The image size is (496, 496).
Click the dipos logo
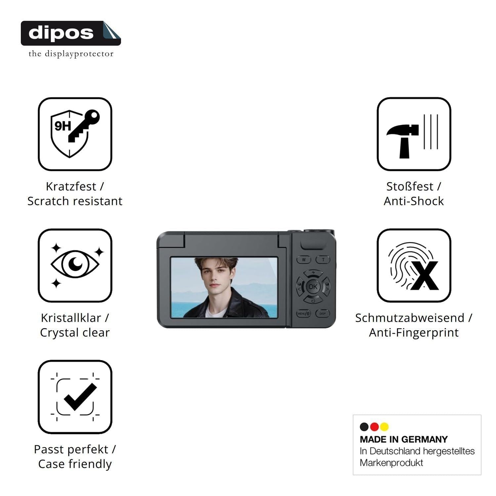71,33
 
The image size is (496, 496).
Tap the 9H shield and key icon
75,134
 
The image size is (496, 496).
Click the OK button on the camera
313,287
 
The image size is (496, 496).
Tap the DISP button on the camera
322,313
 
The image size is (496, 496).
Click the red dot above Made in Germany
374,427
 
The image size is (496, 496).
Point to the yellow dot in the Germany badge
384,427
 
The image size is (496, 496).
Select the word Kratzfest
71,186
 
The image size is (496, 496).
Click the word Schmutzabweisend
410,318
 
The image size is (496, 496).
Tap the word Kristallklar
71,318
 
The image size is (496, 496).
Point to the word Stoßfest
410,186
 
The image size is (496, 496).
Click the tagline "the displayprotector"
71,54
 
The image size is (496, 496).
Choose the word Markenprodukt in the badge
391,463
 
